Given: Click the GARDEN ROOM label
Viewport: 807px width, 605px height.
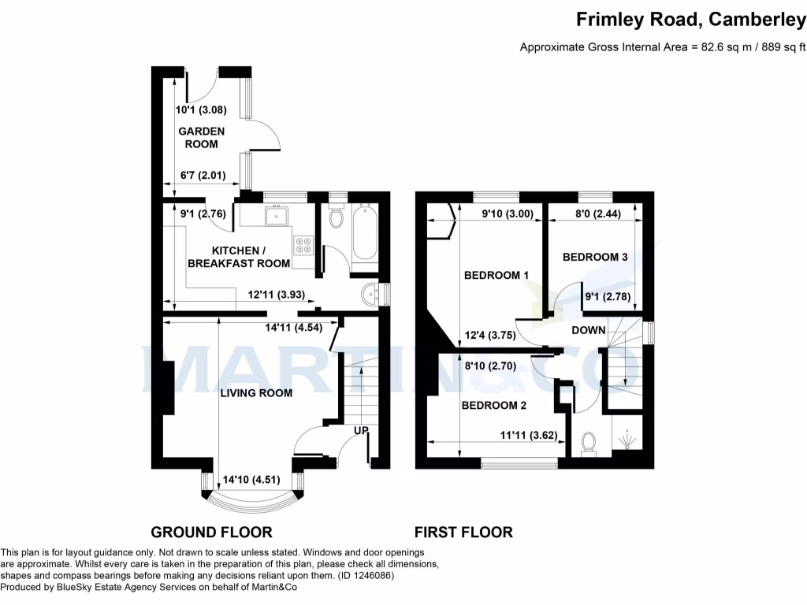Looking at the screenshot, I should coord(201,138).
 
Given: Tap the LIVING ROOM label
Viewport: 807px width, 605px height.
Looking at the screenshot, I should coord(256,393).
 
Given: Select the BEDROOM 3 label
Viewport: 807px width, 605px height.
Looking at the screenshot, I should coord(595,257).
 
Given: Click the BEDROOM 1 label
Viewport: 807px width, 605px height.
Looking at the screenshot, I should coord(496,275).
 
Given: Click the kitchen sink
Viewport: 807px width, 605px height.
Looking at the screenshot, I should coord(277,215).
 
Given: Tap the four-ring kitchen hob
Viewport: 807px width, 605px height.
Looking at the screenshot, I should coord(303,246).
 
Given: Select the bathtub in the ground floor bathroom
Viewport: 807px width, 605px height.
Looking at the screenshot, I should coord(365,233).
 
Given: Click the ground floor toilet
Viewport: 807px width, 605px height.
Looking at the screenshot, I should coord(336,217).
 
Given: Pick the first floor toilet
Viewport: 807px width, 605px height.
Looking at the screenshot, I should coord(587,445).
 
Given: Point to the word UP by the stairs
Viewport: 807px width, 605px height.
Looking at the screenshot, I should coord(362,431).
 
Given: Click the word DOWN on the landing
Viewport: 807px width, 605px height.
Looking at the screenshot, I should coord(589,330).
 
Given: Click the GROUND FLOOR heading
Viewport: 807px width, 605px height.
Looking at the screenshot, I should coord(211,532).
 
